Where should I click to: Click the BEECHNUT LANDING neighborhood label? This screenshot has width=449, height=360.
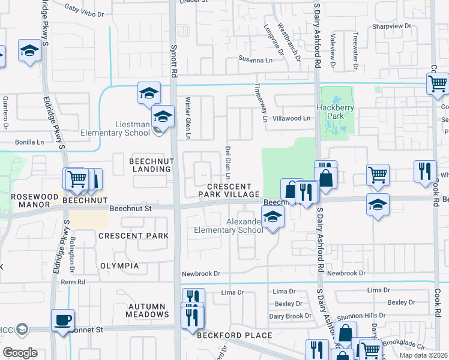tap(151, 165)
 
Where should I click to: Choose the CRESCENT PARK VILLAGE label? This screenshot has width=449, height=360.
tap(230, 190)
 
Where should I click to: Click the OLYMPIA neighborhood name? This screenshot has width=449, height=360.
tap(119, 266)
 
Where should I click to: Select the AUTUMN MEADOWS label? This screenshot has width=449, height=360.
tap(148, 310)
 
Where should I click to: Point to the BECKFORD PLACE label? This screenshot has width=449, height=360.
tap(235, 335)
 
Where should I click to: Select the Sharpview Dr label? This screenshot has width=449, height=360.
tap(391, 26)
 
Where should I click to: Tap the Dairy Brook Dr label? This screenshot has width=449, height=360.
tap(290, 316)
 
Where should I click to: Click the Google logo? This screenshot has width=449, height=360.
tap(20, 352)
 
